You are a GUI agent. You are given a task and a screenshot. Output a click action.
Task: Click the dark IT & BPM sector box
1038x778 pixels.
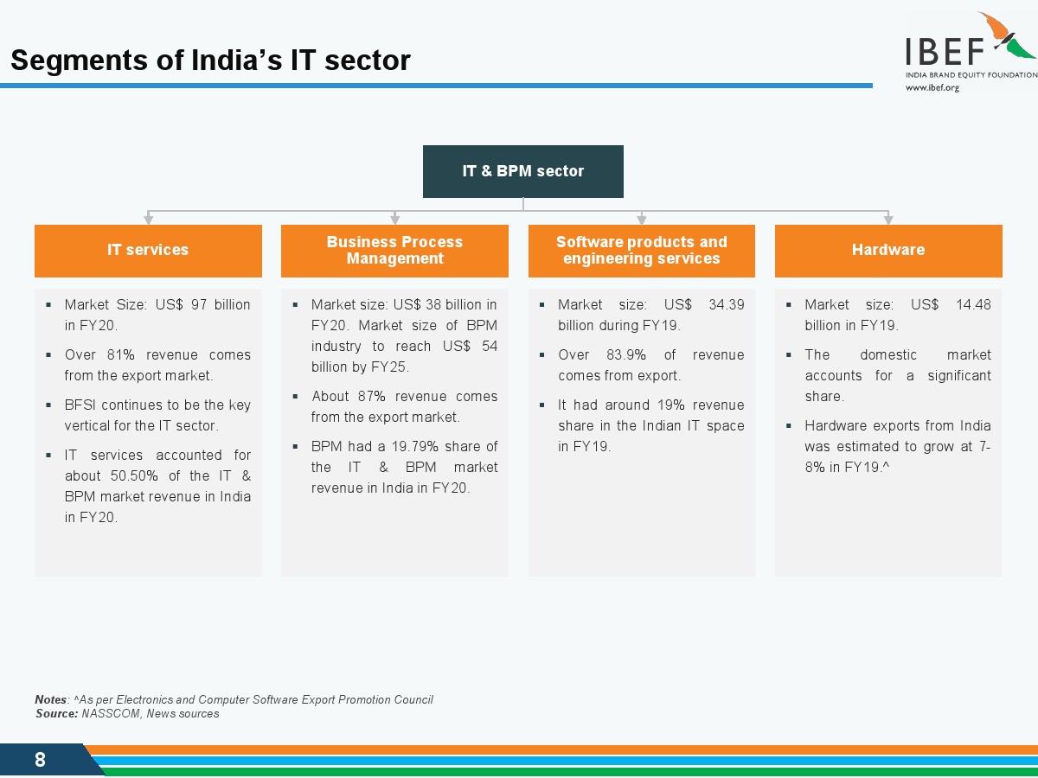point(523,171)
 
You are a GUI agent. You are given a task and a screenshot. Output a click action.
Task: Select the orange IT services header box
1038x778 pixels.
point(148,251)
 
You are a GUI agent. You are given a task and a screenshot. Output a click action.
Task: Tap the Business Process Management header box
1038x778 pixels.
point(394,251)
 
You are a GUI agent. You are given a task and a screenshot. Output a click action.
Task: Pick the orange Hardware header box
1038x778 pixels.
point(888,251)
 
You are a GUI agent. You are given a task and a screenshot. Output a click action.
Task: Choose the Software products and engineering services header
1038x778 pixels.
point(642,251)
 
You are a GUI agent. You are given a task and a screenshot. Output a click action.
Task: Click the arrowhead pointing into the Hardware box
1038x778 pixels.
point(888,220)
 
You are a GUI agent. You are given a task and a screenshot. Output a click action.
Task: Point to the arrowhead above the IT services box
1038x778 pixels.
point(148,220)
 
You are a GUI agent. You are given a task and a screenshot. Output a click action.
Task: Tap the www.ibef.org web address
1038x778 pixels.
point(932,88)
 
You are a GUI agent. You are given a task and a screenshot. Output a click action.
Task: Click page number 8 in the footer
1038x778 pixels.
point(40,760)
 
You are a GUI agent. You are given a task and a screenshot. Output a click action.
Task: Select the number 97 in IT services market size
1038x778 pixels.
point(199,304)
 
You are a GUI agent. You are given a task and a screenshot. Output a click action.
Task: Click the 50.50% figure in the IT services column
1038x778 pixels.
point(134,475)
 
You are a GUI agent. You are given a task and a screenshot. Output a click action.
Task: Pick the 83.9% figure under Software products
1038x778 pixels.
point(626,354)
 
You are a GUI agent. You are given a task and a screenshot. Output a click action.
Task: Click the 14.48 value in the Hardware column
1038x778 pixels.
point(973,304)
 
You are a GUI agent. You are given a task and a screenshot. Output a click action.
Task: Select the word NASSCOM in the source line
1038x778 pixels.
point(111,713)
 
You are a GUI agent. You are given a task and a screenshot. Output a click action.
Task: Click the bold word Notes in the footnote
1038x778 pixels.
point(50,699)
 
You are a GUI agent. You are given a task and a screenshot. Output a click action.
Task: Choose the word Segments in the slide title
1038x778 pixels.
point(79,61)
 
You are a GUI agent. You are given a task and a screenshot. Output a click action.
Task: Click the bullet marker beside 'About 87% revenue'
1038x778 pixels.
point(295,396)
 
